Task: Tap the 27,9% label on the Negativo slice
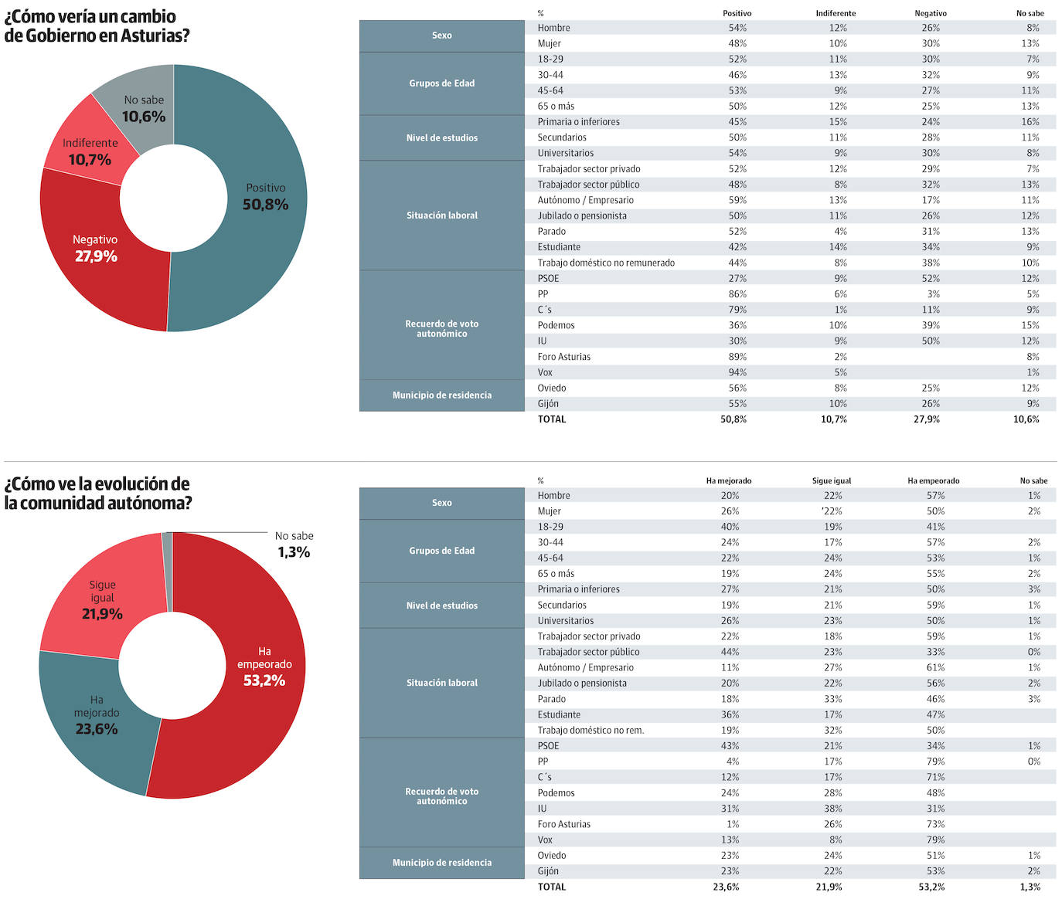pyautogui.click(x=96, y=256)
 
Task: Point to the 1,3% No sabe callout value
pyautogui.click(x=294, y=552)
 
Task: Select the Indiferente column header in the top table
pyautogui.click(x=836, y=13)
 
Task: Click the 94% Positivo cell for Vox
pyautogui.click(x=737, y=372)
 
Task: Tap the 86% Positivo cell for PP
pyautogui.click(x=737, y=294)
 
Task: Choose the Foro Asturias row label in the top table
pyautogui.click(x=563, y=357)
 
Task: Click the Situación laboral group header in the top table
pyautogui.click(x=442, y=215)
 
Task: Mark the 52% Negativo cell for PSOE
pyautogui.click(x=931, y=278)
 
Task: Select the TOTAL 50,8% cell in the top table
pyautogui.click(x=734, y=419)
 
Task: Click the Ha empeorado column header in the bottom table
pyautogui.click(x=933, y=481)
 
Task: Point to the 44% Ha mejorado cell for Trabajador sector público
pyautogui.click(x=730, y=652)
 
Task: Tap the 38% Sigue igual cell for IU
pyautogui.click(x=833, y=809)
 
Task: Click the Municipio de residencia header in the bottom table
pyautogui.click(x=442, y=863)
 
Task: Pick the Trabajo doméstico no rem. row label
pyautogui.click(x=591, y=731)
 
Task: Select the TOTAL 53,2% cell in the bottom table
pyautogui.click(x=931, y=887)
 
